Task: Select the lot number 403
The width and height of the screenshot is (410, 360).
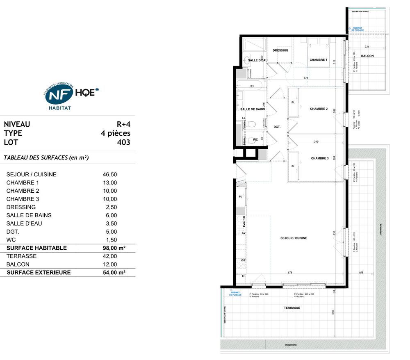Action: click(123, 143)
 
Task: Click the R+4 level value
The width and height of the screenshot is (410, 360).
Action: click(123, 124)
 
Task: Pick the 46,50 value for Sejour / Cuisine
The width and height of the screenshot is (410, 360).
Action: click(109, 174)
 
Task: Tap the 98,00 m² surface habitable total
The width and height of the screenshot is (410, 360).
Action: click(114, 248)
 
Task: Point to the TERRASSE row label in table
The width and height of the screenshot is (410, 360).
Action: click(21, 256)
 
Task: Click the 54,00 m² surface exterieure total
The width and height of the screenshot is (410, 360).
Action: click(114, 273)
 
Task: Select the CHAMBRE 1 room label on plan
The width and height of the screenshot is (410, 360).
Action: click(318, 60)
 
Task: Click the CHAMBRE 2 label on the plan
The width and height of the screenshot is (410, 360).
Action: click(319, 109)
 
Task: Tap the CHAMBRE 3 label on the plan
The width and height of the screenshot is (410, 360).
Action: click(319, 158)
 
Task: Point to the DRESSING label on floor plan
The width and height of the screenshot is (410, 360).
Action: click(280, 50)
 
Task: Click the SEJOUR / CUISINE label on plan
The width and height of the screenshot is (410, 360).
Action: click(294, 238)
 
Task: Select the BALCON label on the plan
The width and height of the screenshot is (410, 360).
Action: click(367, 56)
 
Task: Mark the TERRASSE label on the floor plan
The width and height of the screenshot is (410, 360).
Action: click(292, 308)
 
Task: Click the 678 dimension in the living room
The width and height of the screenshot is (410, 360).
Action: click(290, 273)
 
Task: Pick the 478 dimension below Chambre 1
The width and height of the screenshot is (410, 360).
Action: click(305, 77)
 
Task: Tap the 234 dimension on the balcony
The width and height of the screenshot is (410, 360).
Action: click(367, 47)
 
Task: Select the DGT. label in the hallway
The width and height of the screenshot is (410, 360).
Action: click(277, 127)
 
